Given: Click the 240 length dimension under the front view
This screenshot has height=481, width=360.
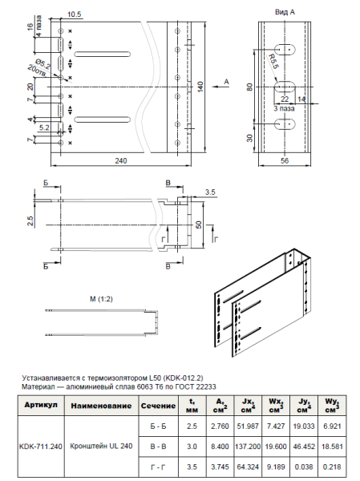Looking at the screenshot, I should (121, 160).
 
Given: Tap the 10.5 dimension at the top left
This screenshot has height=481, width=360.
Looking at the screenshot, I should (75, 14).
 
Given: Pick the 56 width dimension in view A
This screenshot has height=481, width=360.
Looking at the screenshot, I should (285, 160).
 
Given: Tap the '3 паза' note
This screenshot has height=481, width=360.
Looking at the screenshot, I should (287, 107).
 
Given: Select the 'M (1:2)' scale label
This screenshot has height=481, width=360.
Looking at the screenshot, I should (101, 299).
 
